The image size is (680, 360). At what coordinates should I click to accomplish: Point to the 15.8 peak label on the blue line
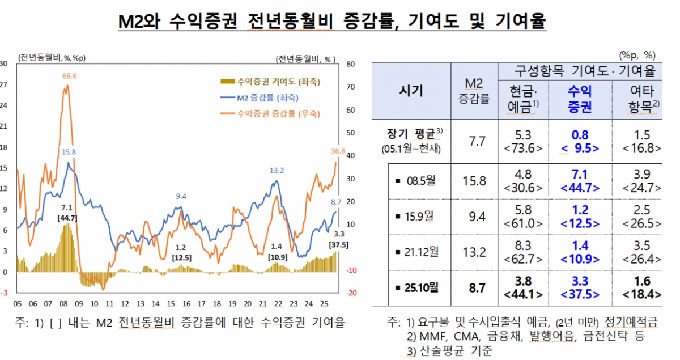pyautogui.click(x=69, y=151)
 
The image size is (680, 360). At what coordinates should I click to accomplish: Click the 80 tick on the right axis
pyautogui.click(x=350, y=64)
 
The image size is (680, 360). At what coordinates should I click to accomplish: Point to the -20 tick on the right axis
pyautogui.click(x=351, y=293)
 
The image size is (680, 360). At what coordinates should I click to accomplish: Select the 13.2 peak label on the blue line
pyautogui.click(x=277, y=170)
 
